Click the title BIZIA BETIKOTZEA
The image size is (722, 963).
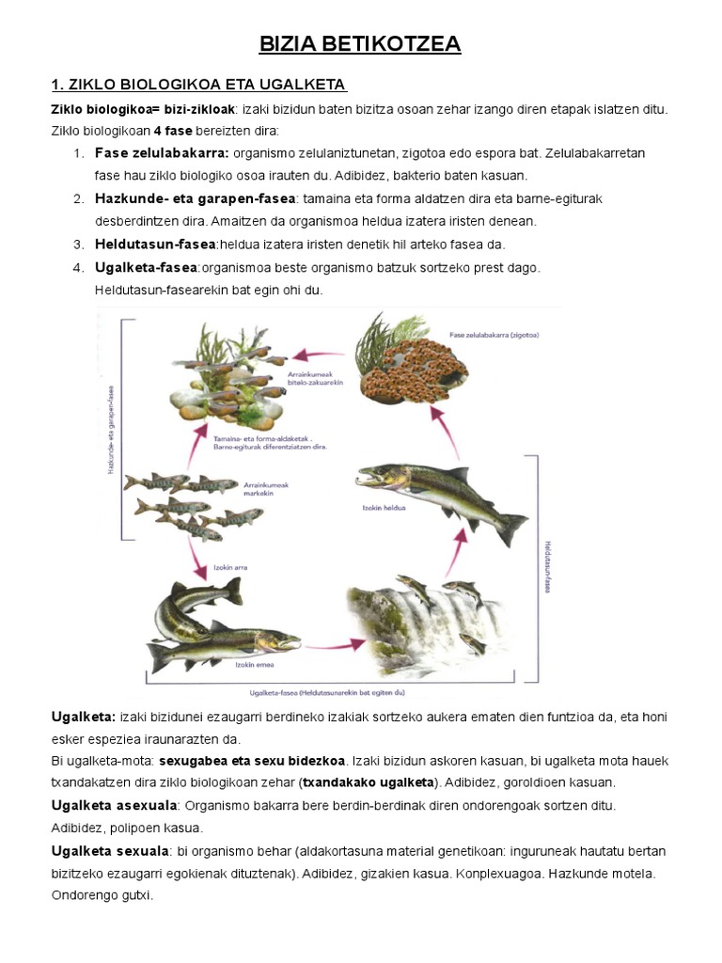[360, 44]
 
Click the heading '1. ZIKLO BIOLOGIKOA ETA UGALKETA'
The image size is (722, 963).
[198, 86]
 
